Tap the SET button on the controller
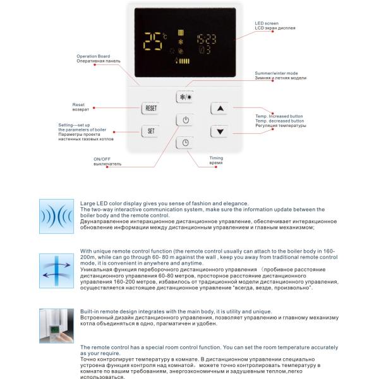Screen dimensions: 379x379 [151, 132]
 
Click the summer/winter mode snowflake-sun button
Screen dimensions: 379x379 [185, 98]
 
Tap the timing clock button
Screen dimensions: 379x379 [185, 143]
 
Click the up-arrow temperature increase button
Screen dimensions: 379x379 [220, 109]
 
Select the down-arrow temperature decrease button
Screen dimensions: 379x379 [220, 132]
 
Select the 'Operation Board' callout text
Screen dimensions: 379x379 [93, 56]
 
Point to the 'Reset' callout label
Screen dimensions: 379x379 [78, 104]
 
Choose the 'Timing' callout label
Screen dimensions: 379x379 [216, 158]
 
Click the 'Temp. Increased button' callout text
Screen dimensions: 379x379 [279, 116]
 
